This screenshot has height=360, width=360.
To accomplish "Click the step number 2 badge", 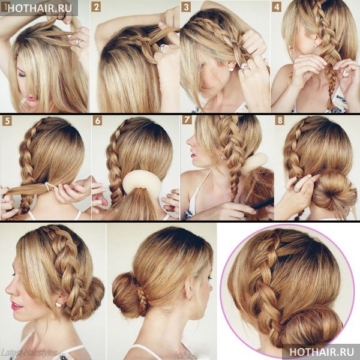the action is tap(96, 7).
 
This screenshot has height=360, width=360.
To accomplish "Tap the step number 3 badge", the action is tap(186, 7).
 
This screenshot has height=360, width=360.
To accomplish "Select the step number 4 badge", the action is tap(277, 7).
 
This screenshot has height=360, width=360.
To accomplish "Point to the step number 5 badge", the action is tap(7, 121).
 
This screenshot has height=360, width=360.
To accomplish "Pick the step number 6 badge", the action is tap(98, 121).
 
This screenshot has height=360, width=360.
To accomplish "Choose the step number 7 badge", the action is tap(187, 119).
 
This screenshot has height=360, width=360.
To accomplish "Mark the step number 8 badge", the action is tap(280, 120).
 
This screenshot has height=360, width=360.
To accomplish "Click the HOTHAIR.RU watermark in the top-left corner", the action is tap(40, 8).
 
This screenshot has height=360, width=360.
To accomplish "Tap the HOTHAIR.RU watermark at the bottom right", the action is tap(322, 352).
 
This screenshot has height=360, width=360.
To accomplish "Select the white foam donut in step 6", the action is tap(142, 183).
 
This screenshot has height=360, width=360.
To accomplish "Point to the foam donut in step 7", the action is tap(255, 162).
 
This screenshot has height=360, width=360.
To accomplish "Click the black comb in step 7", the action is tap(262, 203).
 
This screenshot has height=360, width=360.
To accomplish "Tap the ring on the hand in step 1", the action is tap(79, 42).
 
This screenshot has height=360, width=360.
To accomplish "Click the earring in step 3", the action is tap(231, 69).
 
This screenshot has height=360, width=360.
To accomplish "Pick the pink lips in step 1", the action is tap(31, 99).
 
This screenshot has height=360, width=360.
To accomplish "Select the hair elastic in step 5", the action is tap(50, 187).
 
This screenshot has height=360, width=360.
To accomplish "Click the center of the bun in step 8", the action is tap(331, 194).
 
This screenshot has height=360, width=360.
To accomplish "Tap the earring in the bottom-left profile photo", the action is tap(58, 304).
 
